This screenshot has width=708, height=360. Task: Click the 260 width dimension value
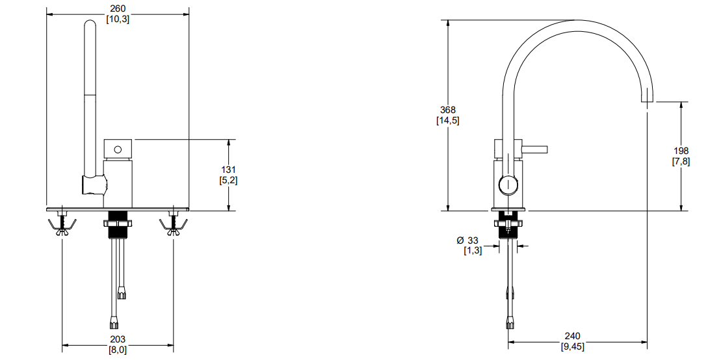pyautogui.click(x=118, y=8)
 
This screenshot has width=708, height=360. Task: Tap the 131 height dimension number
pyautogui.click(x=228, y=170)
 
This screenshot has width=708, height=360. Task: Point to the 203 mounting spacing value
pyautogui.click(x=118, y=339)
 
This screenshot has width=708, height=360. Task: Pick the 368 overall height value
pyautogui.click(x=448, y=110)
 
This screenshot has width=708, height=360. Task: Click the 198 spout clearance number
pyautogui.click(x=681, y=151)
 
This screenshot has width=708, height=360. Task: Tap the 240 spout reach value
pyautogui.click(x=573, y=336)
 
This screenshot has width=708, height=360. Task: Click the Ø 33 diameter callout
pyautogui.click(x=467, y=240)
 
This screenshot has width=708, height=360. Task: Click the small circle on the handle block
pyautogui.click(x=118, y=149)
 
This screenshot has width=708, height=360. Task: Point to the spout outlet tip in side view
pyautogui.click(x=647, y=101)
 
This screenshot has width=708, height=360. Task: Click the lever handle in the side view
pyautogui.click(x=535, y=149)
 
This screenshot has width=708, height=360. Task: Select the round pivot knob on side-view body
pyautogui.click(x=508, y=185)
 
